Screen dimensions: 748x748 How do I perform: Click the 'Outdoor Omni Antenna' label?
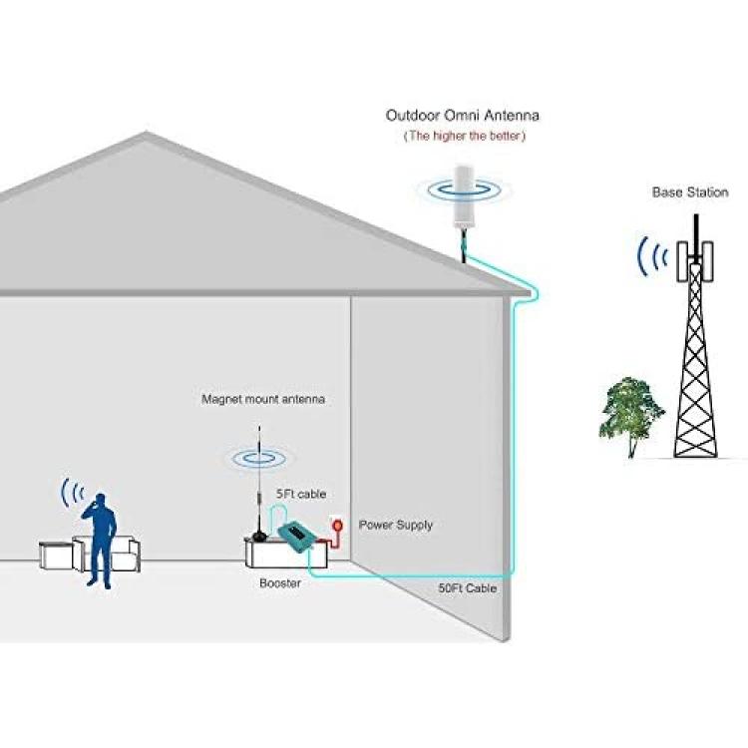pos(462,116)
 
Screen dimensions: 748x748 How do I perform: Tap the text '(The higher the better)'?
pos(465,136)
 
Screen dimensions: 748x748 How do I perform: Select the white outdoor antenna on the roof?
pos(464,197)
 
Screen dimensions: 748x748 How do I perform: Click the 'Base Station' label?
pos(690,192)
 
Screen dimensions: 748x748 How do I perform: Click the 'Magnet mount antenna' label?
pos(263,399)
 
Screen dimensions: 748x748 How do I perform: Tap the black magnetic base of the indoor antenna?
pos(259,536)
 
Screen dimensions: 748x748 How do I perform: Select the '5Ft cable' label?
pos(301,494)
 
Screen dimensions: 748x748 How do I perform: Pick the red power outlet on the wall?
pos(337,527)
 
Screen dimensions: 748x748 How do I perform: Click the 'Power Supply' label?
pos(396,526)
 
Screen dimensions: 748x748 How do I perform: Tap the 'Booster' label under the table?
pos(280,583)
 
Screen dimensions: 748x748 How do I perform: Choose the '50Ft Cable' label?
pos(468,588)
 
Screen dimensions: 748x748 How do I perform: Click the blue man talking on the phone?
pos(100,540)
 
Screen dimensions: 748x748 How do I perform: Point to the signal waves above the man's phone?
pos(73,493)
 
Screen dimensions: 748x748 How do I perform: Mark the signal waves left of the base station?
pos(652,256)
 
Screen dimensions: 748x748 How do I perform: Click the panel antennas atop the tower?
pos(695,261)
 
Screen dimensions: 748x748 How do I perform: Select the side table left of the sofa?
pos(55,556)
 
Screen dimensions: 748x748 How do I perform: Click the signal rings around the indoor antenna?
pos(259,459)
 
